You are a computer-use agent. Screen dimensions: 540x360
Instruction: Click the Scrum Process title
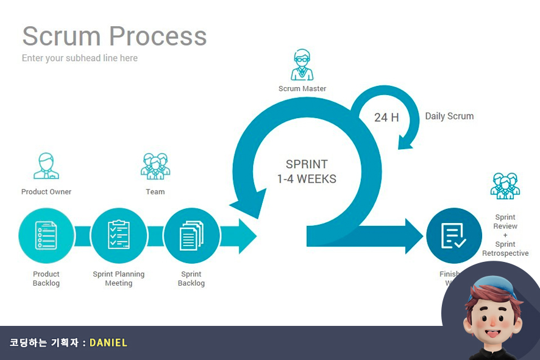click(115, 36)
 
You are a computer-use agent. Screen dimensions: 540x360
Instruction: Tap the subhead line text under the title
click(80, 58)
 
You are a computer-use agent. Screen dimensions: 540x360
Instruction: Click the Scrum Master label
click(302, 89)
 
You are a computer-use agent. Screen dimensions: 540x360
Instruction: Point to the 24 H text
click(386, 117)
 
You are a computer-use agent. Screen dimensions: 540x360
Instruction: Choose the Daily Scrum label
click(449, 116)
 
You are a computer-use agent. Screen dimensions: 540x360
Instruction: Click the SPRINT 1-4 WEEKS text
click(307, 172)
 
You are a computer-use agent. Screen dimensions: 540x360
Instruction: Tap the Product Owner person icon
click(46, 166)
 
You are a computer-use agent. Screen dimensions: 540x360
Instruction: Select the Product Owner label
click(46, 192)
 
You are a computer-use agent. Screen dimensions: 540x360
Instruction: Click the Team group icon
click(155, 166)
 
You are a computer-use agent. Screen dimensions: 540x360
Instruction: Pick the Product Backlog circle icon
click(46, 236)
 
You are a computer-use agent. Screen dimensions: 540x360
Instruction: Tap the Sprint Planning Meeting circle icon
click(119, 236)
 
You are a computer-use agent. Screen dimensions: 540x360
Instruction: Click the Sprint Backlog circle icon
click(191, 236)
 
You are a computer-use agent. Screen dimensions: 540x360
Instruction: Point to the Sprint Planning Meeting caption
click(119, 278)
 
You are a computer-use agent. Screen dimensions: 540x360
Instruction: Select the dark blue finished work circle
click(453, 236)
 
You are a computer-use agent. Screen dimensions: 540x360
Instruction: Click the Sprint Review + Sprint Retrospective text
click(505, 235)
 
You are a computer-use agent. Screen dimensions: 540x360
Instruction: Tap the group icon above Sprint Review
click(505, 186)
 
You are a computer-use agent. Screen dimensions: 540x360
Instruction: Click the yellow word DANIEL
click(108, 343)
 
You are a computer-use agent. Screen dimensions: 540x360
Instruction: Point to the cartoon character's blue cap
click(493, 286)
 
